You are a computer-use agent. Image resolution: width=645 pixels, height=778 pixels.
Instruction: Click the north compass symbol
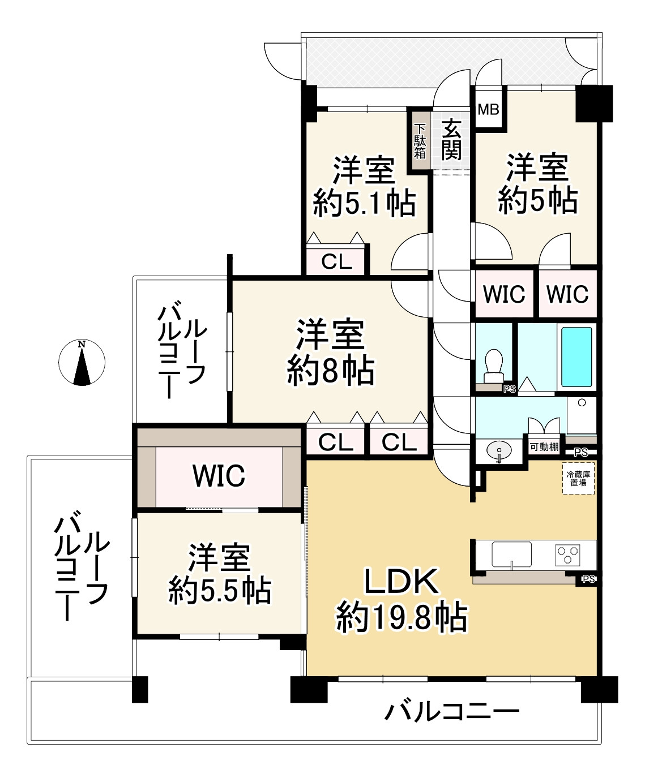click(x=82, y=363)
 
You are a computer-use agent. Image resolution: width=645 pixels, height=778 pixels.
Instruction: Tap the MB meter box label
click(x=488, y=109)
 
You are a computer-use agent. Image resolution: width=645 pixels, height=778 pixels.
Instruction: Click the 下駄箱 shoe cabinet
click(x=420, y=141)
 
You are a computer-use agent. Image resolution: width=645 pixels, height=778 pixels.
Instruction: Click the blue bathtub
click(x=576, y=357)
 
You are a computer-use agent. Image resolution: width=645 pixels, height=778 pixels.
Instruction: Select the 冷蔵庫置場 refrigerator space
click(x=578, y=479)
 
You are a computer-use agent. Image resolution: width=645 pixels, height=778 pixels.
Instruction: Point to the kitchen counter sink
click(x=511, y=554)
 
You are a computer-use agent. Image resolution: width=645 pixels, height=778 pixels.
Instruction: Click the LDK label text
click(x=401, y=581)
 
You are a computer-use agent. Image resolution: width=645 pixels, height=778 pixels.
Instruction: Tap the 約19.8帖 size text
click(x=401, y=617)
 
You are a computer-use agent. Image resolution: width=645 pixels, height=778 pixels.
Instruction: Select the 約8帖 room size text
click(x=330, y=371)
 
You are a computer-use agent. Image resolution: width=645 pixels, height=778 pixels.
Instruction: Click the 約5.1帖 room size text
click(x=364, y=203)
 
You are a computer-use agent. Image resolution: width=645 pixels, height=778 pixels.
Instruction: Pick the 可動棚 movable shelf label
click(x=544, y=446)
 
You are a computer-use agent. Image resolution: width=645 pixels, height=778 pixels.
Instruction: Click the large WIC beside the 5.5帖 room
click(x=219, y=476)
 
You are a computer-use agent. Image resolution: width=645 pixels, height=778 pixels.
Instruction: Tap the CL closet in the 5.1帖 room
click(x=337, y=262)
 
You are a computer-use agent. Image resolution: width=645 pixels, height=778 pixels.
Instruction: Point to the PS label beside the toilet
click(x=509, y=389)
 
